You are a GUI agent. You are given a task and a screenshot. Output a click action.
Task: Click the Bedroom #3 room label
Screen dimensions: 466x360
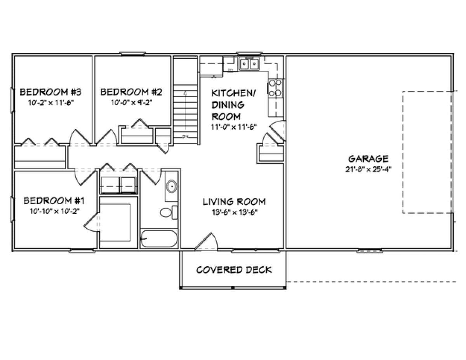click(x=50, y=92)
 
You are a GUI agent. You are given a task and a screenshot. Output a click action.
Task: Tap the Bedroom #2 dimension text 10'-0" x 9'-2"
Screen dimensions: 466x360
click(x=132, y=103)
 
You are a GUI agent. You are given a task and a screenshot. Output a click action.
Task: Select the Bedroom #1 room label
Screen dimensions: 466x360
click(x=54, y=201)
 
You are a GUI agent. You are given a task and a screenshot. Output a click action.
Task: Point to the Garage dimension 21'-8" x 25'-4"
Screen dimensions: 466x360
click(x=369, y=169)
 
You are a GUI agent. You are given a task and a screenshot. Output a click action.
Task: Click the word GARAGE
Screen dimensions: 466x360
click(x=369, y=159)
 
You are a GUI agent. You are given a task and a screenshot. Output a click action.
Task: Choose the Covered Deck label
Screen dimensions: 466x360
click(x=234, y=270)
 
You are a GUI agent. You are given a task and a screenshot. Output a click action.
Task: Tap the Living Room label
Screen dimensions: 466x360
click(x=234, y=202)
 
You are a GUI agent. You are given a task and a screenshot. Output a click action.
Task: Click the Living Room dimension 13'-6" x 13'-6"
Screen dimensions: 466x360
click(x=235, y=212)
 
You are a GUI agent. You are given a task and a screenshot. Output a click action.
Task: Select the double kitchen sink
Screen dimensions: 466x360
click(x=249, y=64)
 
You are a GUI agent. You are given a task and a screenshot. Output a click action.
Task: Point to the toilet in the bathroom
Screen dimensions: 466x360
click(x=169, y=212)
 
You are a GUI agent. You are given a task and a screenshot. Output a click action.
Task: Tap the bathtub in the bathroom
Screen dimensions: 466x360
click(x=158, y=239)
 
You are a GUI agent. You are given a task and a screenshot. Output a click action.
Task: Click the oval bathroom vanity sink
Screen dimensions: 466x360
click(x=172, y=186)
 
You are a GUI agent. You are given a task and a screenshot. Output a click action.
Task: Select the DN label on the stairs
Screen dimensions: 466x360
click(x=185, y=136)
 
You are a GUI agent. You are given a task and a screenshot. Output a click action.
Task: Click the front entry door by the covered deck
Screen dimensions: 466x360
click(x=206, y=242)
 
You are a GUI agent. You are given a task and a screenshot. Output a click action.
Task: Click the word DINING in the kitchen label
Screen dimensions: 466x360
click(x=228, y=105)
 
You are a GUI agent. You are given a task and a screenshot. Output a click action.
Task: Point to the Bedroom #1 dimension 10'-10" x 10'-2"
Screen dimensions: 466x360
click(x=55, y=212)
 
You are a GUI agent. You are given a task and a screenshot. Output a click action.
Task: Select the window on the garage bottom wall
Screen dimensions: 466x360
click(x=370, y=250)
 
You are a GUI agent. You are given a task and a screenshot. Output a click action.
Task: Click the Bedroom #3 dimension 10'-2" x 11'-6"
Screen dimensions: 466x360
click(x=51, y=103)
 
